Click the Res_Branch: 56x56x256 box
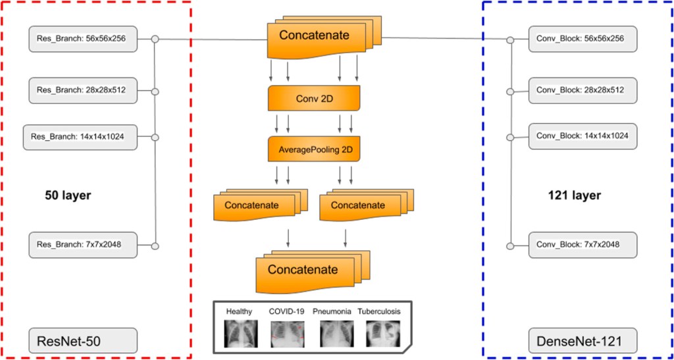tap(83, 39)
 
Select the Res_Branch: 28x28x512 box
tap(83, 90)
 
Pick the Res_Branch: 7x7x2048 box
tap(83, 245)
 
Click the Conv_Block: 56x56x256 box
tap(583, 39)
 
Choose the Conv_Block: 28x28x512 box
tap(583, 90)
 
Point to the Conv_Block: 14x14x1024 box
tap(583, 136)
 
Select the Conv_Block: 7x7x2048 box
tap(583, 245)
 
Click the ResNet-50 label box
tap(83, 341)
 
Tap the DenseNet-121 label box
tap(583, 341)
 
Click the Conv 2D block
tap(314, 98)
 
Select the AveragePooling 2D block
tap(314, 149)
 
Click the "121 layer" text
tap(574, 195)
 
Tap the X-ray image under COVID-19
tap(288, 334)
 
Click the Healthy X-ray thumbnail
tap(239, 334)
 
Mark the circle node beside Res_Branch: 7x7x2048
tap(155, 246)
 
